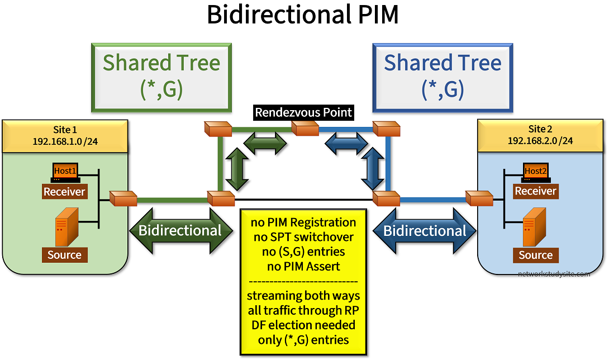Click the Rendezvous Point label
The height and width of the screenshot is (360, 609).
303,112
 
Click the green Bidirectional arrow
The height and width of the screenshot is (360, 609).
180,230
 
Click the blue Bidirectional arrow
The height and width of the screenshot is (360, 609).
425,230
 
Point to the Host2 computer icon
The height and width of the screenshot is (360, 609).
535,172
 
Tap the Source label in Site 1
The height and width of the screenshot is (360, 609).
64,255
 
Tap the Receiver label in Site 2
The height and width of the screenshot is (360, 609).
535,191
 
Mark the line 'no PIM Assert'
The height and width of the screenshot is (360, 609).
304,266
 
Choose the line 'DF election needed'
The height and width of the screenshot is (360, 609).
304,325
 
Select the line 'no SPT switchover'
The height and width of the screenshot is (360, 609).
304,236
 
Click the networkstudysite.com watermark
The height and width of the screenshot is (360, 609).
554,274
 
